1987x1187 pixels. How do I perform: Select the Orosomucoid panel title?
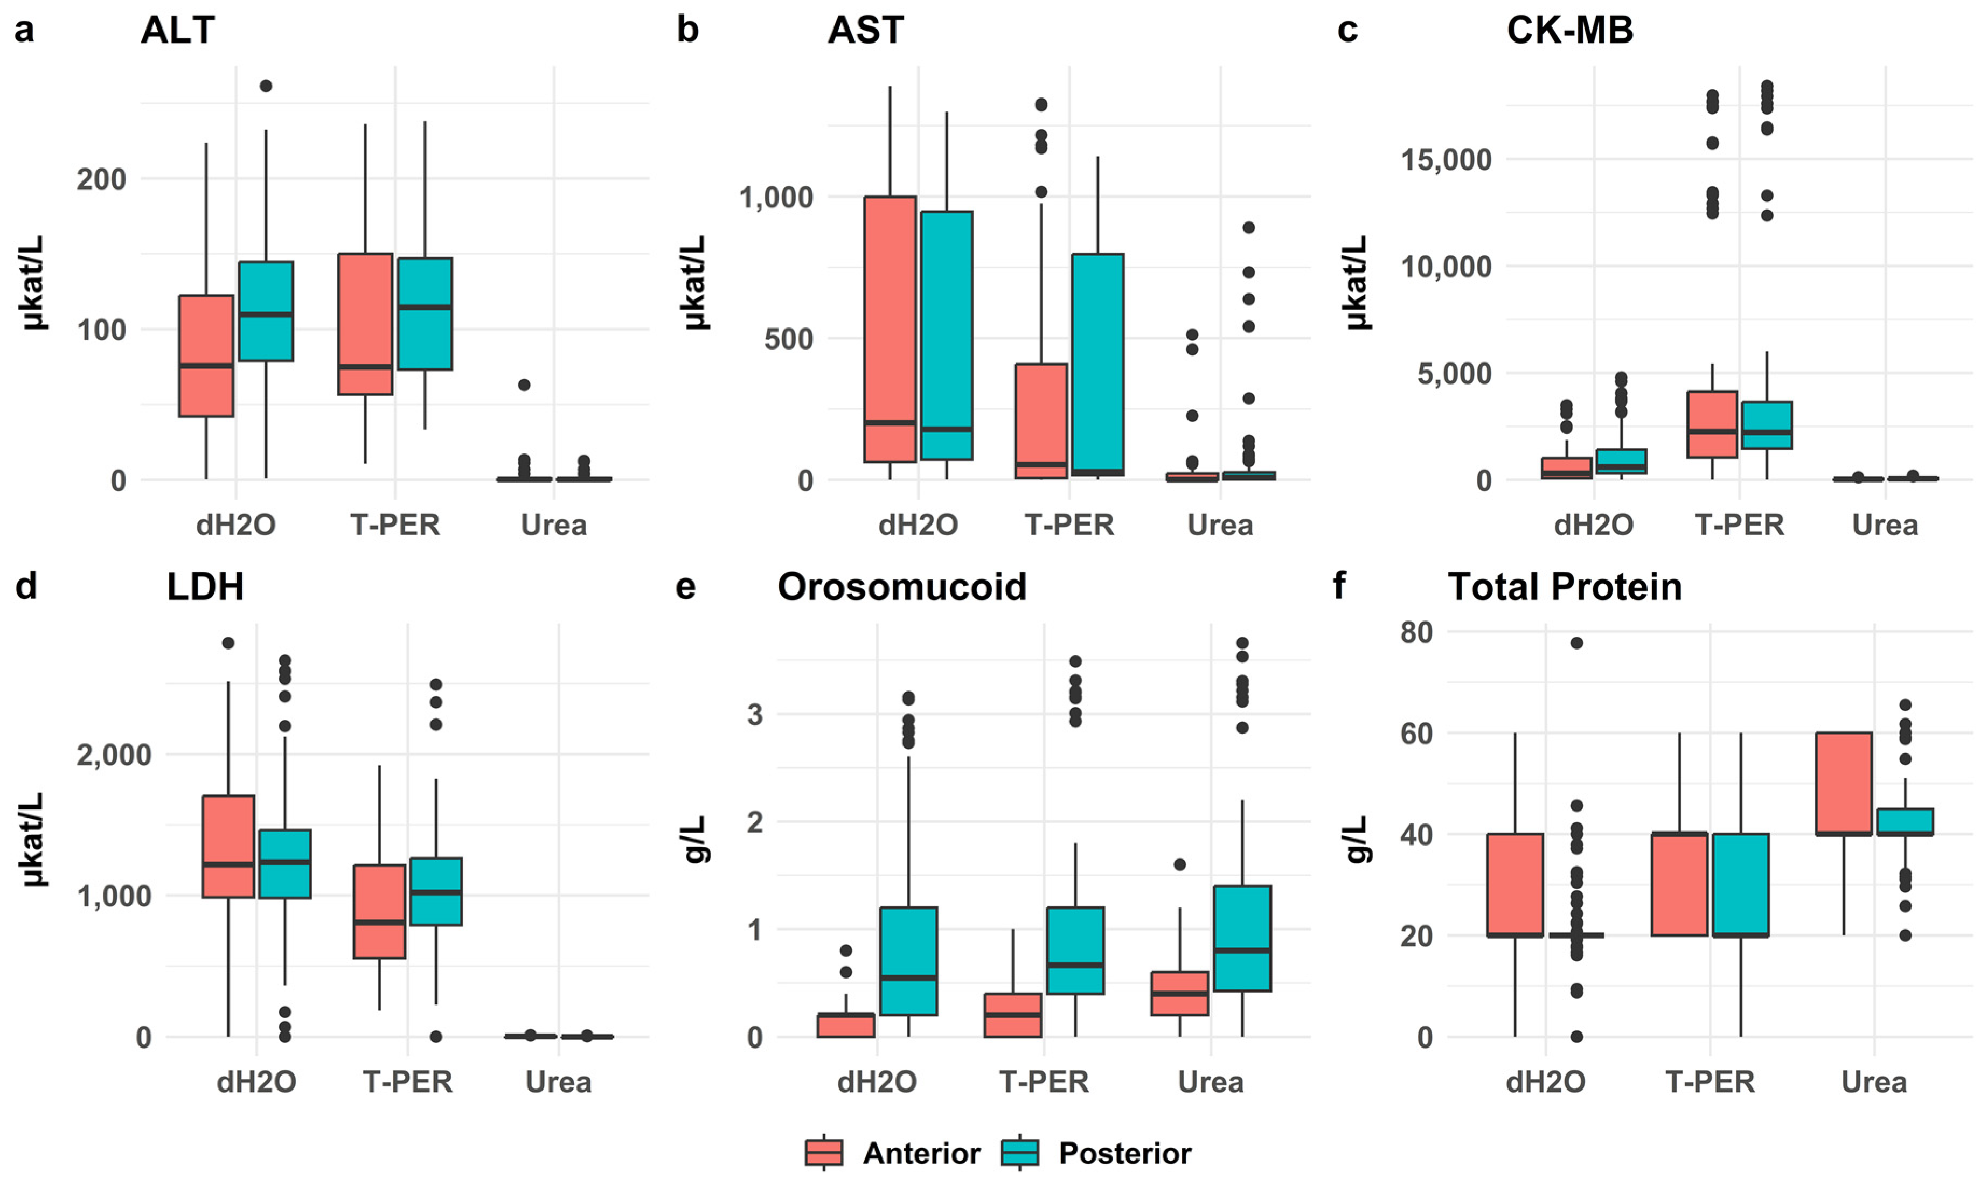(x=901, y=587)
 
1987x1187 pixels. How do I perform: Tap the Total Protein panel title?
(x=1564, y=587)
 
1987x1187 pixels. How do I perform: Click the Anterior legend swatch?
(x=824, y=1153)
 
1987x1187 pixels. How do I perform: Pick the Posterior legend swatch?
(x=1019, y=1153)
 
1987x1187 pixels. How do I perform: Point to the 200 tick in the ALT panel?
(x=102, y=179)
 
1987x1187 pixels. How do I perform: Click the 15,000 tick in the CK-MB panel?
(x=1446, y=159)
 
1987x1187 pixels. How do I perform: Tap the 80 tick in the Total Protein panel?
(x=1416, y=632)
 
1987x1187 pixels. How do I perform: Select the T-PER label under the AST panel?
(x=1069, y=526)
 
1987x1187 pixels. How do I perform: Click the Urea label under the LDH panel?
(x=558, y=1082)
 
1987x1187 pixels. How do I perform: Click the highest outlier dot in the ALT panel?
(x=266, y=86)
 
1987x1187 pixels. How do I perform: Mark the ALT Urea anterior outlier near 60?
(x=524, y=385)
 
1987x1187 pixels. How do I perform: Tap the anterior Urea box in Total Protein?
(x=1844, y=783)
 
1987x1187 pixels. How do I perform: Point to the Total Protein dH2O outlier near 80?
(x=1576, y=643)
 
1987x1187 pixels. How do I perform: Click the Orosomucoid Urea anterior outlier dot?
(x=1180, y=864)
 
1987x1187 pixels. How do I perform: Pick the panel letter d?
(x=26, y=587)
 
